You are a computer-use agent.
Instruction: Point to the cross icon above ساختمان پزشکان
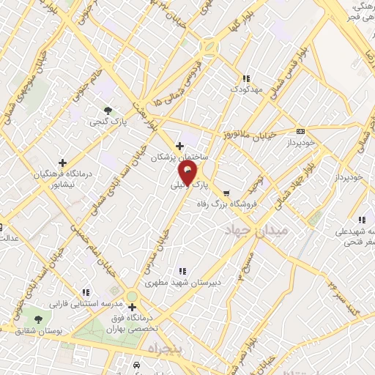(180, 146)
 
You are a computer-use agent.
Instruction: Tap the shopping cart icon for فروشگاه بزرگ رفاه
(226, 194)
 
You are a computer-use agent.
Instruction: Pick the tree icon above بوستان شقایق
(37, 319)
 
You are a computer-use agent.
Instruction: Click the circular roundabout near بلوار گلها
(211, 45)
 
